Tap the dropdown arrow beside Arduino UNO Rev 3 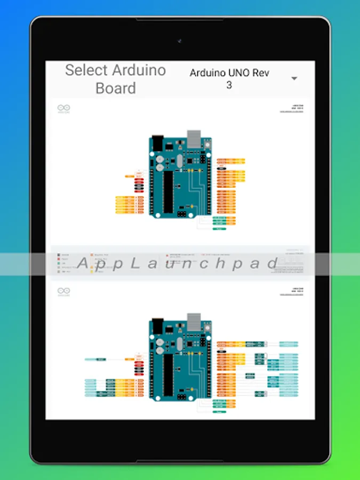tap(294, 79)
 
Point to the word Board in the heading tap(116, 88)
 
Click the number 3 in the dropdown tap(229, 85)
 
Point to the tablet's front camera tap(180, 41)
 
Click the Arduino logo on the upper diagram tap(64, 108)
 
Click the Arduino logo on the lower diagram tap(64, 291)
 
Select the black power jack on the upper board tap(157, 143)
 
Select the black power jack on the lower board tap(157, 326)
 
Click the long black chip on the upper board tap(168, 191)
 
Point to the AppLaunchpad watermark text tap(179, 263)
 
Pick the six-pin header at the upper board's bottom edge tap(182, 213)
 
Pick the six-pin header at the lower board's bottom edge tap(182, 397)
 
